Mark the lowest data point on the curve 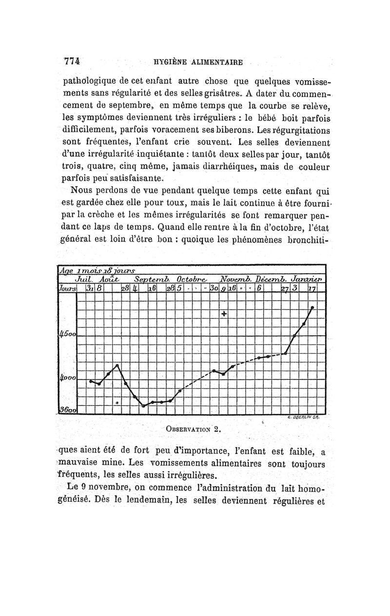[144, 406]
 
